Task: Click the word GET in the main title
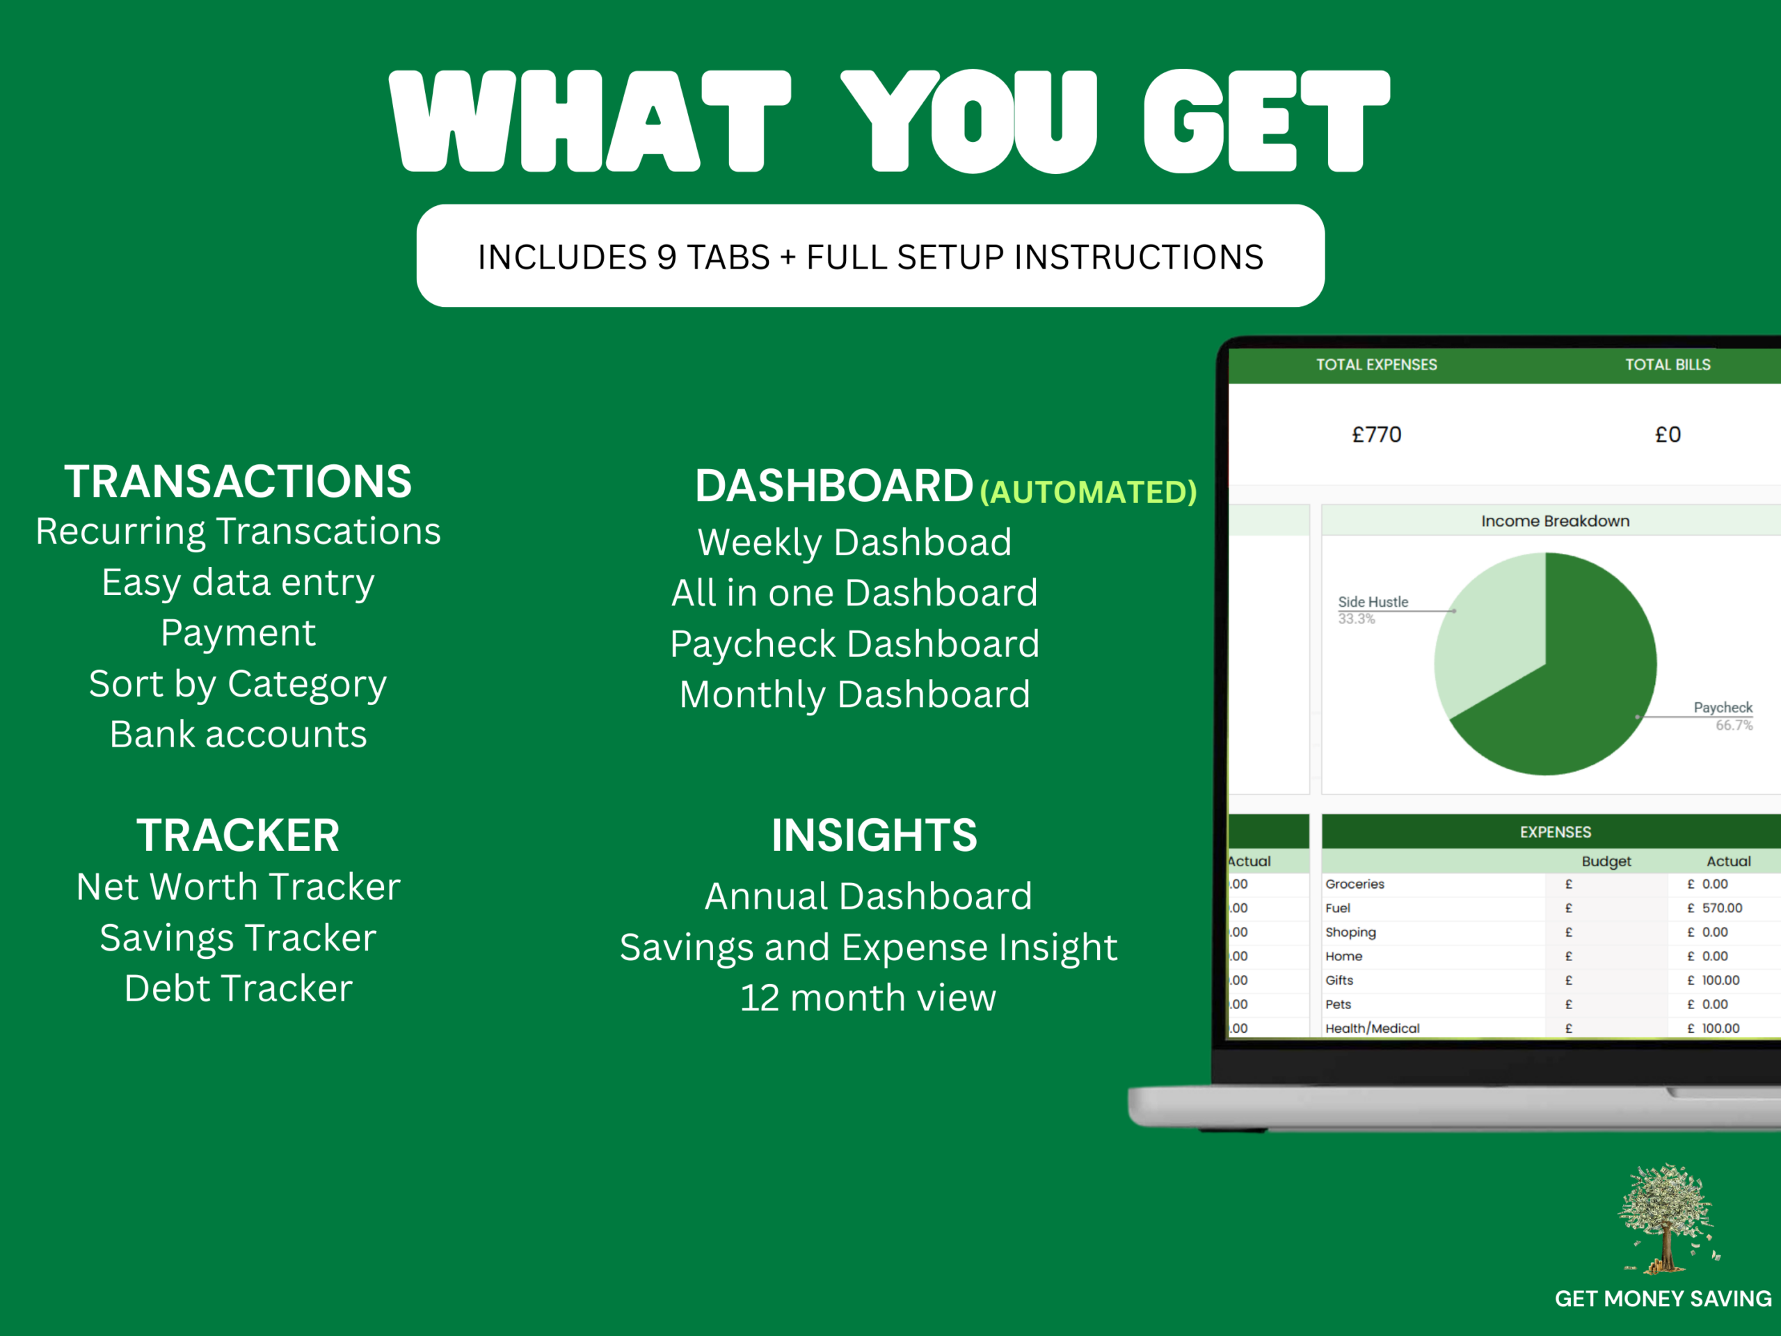point(1265,121)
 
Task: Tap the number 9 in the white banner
point(666,257)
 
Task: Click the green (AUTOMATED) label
point(1089,491)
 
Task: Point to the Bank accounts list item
point(239,734)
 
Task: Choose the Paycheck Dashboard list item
point(855,644)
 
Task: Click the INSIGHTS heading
point(874,835)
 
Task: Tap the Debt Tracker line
point(239,988)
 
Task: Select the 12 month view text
point(868,998)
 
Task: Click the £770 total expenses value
point(1377,435)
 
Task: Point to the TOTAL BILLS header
point(1668,365)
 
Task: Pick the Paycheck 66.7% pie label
point(1723,716)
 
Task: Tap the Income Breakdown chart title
point(1556,521)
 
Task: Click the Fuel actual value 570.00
point(1723,907)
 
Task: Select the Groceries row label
point(1355,884)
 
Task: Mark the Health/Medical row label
point(1373,1028)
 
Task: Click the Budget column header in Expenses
point(1606,861)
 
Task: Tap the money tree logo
point(1666,1218)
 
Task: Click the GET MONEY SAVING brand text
point(1663,1299)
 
